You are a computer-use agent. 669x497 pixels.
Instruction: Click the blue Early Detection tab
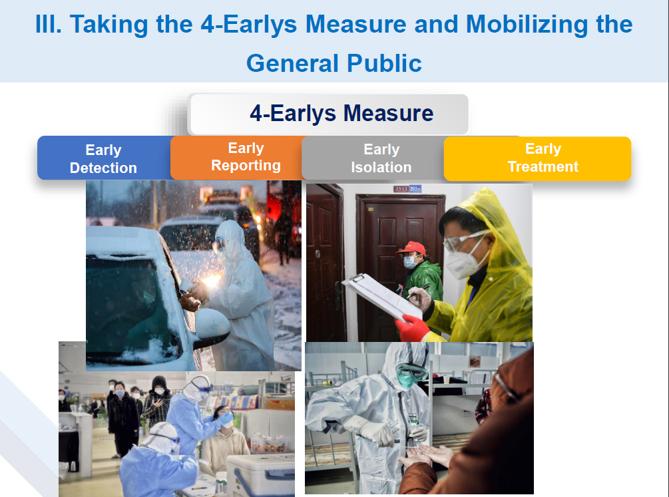click(104, 158)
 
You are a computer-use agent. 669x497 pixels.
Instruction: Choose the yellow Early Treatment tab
click(538, 158)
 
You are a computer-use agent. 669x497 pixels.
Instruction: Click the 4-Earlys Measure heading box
click(329, 114)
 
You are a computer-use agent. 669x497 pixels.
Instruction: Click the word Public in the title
click(384, 63)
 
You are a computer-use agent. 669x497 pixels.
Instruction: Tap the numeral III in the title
click(49, 24)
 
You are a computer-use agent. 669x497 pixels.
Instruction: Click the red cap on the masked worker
click(411, 248)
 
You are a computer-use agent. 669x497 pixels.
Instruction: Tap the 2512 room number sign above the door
click(407, 188)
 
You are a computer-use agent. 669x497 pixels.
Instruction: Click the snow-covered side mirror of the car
click(212, 324)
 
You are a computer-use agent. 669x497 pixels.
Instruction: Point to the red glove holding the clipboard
click(412, 328)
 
